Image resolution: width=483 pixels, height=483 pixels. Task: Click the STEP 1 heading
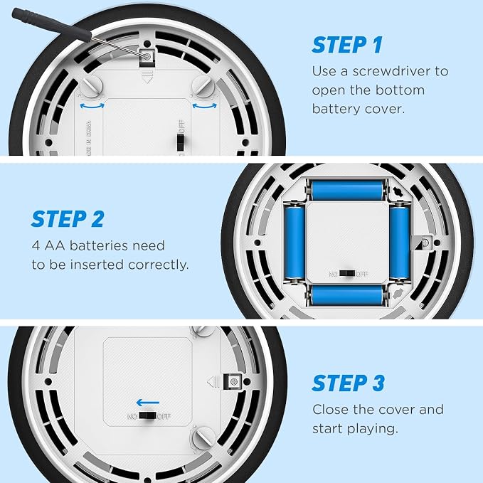point(347,45)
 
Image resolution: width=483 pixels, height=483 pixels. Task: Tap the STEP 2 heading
point(68,219)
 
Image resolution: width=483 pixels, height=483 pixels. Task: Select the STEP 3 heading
point(349,383)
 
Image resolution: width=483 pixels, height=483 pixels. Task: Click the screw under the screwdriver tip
point(147,56)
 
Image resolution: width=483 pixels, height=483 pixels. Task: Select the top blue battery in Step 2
point(347,190)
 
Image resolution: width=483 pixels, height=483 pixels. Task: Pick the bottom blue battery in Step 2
point(347,294)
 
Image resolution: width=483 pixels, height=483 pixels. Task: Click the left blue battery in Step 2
point(294,243)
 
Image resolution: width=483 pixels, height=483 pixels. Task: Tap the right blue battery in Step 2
point(400,243)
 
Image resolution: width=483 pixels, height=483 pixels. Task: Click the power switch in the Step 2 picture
point(347,274)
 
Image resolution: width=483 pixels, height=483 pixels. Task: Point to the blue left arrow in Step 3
point(148,403)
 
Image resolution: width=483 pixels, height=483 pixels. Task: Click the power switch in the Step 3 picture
point(147,416)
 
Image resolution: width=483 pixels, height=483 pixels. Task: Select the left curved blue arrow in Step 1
point(92,106)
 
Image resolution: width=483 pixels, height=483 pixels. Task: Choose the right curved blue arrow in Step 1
point(205,106)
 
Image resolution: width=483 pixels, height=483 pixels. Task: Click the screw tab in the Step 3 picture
point(233,382)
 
